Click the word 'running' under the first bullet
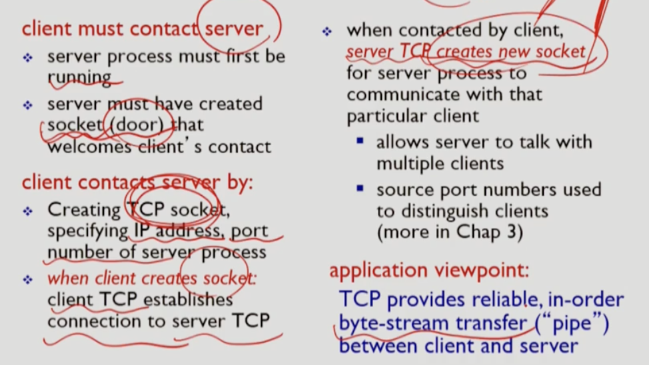[x=79, y=77]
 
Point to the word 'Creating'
[x=83, y=210]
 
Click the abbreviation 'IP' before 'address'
[x=138, y=231]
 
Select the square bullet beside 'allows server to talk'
[x=360, y=141]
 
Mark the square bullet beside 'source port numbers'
[x=360, y=189]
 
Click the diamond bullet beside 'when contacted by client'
[x=326, y=31]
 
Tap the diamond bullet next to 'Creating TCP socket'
[x=27, y=211]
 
